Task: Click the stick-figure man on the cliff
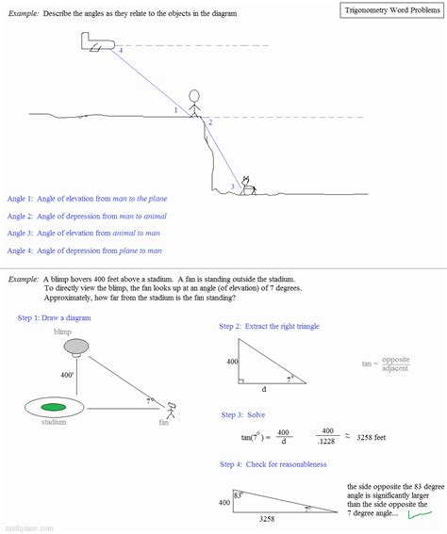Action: click(194, 105)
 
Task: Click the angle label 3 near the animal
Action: click(232, 186)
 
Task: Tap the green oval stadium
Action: click(54, 407)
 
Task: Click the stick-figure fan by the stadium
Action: click(171, 411)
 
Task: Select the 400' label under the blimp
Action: click(67, 374)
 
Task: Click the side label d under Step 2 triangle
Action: click(263, 388)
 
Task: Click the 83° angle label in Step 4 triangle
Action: click(240, 494)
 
